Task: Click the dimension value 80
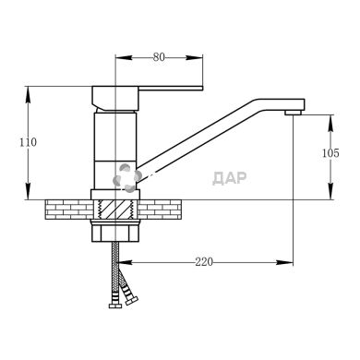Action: (x=159, y=57)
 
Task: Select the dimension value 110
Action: (x=28, y=142)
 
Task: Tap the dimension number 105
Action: (x=330, y=153)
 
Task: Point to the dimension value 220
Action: (x=204, y=262)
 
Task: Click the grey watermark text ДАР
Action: (x=230, y=178)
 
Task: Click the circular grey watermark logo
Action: (x=127, y=178)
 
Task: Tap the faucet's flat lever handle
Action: (x=171, y=89)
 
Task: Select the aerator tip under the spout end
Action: (x=293, y=113)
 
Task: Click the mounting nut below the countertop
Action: (x=115, y=231)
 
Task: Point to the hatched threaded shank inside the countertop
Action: (x=115, y=210)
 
